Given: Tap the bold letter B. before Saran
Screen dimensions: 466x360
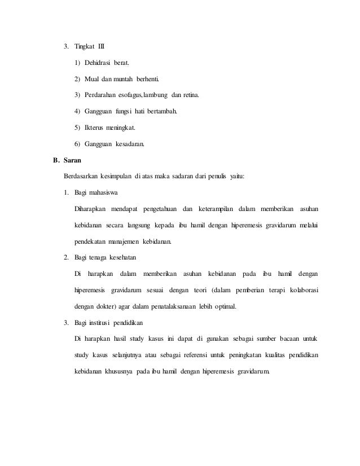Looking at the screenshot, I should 56,160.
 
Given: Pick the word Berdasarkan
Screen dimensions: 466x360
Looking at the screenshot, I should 81,177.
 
